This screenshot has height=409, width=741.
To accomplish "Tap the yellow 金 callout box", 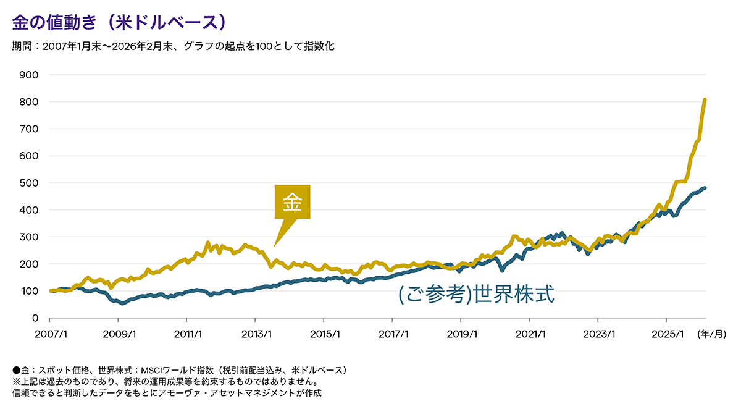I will [292, 202].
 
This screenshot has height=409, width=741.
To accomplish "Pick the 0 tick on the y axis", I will [35, 318].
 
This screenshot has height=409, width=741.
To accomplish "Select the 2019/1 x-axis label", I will [461, 334].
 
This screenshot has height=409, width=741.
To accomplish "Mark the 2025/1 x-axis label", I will [666, 334].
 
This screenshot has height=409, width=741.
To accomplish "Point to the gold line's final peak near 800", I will [705, 99].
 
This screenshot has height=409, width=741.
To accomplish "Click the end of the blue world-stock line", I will [705, 188].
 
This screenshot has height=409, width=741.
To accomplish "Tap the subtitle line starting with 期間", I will [173, 46].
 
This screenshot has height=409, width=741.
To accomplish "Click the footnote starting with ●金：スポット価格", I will [179, 370].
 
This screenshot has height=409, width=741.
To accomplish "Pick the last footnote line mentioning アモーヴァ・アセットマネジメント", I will [167, 392].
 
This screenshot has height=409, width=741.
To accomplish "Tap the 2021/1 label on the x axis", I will [529, 334].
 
